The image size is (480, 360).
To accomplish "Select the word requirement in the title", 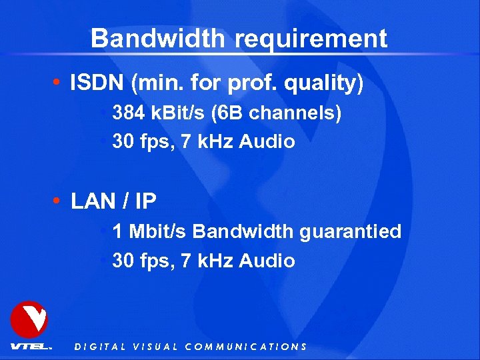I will (x=311, y=39).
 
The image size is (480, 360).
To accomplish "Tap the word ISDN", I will (x=98, y=83).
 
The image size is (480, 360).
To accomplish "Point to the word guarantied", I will (x=350, y=232).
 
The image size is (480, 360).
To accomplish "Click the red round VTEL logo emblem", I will (x=29, y=319).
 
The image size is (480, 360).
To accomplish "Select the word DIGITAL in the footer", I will (x=100, y=347).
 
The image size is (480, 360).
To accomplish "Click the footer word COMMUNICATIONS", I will (x=245, y=347).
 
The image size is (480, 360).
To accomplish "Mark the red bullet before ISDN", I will (x=59, y=84).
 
